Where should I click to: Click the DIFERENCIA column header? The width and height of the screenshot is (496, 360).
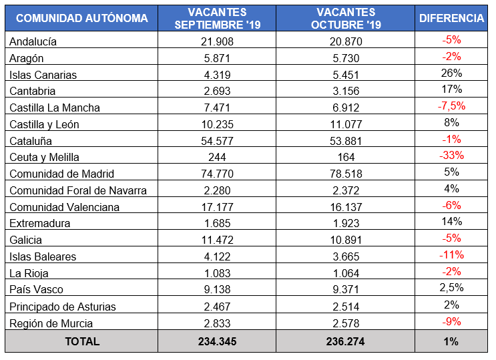click(451, 18)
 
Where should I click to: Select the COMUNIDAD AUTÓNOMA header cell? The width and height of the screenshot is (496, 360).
click(81, 18)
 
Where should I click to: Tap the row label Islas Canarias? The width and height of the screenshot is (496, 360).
click(43, 75)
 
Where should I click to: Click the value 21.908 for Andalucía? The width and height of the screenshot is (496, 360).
click(216, 41)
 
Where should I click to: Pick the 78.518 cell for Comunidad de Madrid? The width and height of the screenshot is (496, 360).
click(345, 174)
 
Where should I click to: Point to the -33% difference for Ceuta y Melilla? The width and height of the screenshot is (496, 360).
click(451, 156)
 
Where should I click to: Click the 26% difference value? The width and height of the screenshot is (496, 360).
click(451, 73)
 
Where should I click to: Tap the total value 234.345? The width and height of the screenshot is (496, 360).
click(216, 341)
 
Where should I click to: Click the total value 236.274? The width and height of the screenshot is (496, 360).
click(345, 341)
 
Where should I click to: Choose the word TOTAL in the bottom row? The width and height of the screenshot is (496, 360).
click(81, 341)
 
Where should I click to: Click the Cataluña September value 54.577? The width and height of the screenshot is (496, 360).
click(216, 141)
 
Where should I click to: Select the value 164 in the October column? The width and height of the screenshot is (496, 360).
click(345, 158)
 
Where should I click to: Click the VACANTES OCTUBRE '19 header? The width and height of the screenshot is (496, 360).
click(345, 18)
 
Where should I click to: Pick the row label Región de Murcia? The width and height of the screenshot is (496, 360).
click(51, 323)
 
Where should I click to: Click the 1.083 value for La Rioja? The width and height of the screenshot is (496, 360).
click(216, 273)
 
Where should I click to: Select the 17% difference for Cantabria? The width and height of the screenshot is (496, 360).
click(451, 89)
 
